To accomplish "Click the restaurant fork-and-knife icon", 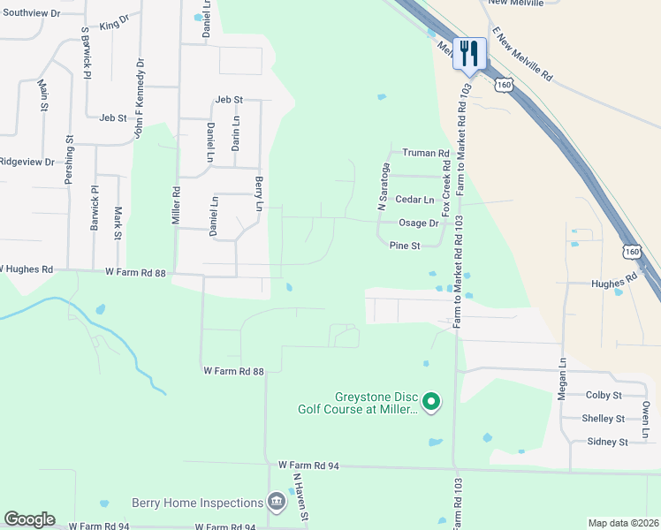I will coord(468,53).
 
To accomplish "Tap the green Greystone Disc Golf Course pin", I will coord(431,403).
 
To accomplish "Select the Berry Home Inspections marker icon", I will coord(277,503).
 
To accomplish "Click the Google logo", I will coord(29,519).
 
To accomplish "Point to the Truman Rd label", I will coord(426,153).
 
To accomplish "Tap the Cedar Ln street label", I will coord(415,201).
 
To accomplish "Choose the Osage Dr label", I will coord(419,223).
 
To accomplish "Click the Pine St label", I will coord(405,246).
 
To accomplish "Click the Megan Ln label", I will coord(561,379).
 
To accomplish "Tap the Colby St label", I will coord(604,395).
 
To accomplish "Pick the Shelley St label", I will coord(604,418).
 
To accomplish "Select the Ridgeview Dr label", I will coord(27,162).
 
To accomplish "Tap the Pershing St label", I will coord(68,159).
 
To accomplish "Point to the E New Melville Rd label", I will coord(521,55).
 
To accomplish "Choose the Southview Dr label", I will coord(30,14).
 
